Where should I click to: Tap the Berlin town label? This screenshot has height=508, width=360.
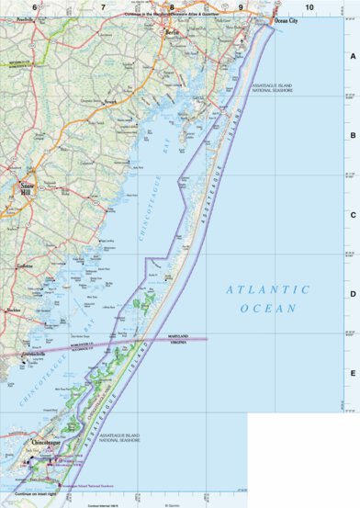pos(170,31)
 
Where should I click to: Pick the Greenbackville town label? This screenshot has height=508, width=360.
pos(33,353)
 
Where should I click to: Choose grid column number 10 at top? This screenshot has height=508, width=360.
pos(309,7)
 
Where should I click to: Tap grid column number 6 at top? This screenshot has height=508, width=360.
pos(35,7)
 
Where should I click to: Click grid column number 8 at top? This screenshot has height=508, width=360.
pos(172,7)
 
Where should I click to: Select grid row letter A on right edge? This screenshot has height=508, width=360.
pos(353,54)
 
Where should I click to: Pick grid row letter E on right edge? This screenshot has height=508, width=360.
pos(353,373)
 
